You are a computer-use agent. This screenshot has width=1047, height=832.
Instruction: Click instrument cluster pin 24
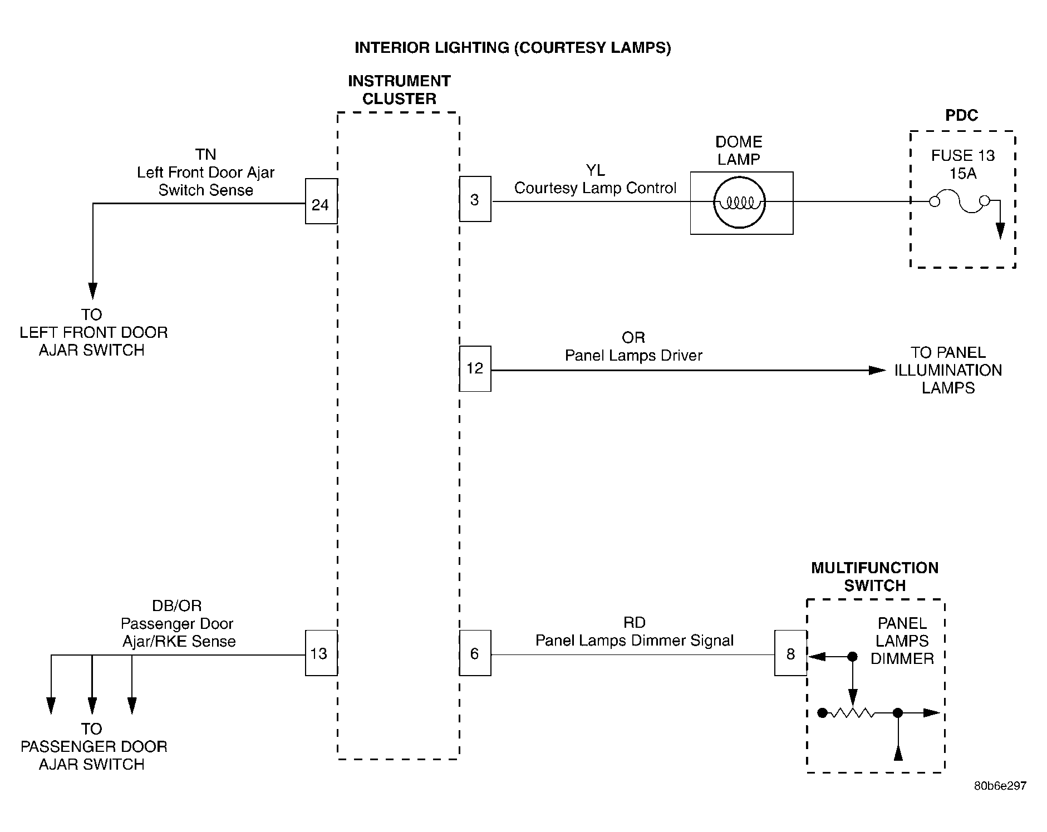(321, 201)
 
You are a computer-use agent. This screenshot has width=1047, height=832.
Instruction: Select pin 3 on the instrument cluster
(475, 199)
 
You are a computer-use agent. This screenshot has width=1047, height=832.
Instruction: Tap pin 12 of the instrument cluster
(475, 368)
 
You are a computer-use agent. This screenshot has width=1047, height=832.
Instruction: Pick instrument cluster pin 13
(321, 653)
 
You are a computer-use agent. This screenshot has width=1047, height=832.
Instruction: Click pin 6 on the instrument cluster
(475, 653)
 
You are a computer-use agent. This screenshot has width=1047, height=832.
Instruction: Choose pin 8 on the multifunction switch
(790, 653)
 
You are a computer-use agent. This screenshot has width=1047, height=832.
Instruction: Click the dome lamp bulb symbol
(739, 203)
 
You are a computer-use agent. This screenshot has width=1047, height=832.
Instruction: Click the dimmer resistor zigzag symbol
(852, 712)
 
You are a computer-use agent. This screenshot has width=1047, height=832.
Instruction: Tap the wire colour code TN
(205, 154)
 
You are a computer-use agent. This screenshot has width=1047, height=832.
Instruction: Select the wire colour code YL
(595, 170)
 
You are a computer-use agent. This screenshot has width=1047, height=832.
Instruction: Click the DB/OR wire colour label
(177, 605)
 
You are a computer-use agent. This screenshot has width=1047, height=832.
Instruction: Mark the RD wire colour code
(635, 623)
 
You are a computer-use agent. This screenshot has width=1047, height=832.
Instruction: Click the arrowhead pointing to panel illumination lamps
(878, 370)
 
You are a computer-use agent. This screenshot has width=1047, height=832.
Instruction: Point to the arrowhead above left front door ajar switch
(93, 291)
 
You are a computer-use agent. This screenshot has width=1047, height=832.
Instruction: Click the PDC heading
(962, 115)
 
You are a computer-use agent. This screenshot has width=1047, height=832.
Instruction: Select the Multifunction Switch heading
(875, 577)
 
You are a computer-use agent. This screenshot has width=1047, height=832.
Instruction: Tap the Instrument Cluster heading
(399, 90)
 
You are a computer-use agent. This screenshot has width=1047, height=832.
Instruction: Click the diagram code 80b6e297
(1000, 786)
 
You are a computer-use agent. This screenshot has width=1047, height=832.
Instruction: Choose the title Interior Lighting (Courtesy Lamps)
(513, 48)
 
